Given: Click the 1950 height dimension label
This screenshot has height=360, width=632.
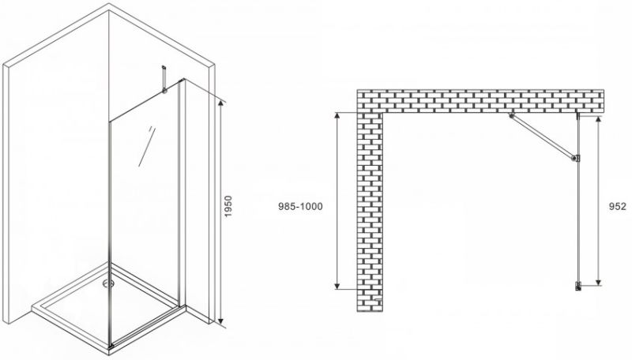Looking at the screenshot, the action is (x=228, y=207).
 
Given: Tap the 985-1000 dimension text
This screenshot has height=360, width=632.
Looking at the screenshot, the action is (x=300, y=207).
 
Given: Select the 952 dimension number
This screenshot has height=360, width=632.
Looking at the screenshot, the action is (x=618, y=207).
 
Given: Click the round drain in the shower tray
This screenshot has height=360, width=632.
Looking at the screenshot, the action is (x=107, y=283).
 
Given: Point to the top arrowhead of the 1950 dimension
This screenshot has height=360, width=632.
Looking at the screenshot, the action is (x=220, y=103).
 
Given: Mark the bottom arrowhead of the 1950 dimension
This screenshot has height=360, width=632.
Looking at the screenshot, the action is (x=220, y=321).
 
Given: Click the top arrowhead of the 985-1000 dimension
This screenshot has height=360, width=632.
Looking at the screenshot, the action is (x=338, y=116).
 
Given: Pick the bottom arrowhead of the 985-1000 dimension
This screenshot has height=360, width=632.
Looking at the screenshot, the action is (x=338, y=285).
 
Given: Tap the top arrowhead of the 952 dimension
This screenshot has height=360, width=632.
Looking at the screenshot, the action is (x=599, y=121).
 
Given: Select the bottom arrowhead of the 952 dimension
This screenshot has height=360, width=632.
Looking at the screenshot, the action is (x=599, y=282).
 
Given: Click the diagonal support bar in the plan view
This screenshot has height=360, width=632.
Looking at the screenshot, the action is (x=543, y=137).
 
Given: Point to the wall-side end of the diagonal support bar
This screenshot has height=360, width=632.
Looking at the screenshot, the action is (x=511, y=116).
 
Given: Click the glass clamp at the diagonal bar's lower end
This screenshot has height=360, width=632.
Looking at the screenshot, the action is (x=576, y=159).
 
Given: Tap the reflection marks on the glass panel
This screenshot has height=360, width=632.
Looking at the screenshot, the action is (x=145, y=146).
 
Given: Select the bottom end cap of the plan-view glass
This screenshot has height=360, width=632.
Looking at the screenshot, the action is (x=578, y=287).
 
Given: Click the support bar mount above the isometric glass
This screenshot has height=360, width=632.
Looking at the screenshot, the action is (x=164, y=80).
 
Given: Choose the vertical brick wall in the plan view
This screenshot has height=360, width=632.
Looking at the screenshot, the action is (x=370, y=212).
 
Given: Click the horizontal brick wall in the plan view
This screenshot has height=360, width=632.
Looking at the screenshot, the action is (x=480, y=101).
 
